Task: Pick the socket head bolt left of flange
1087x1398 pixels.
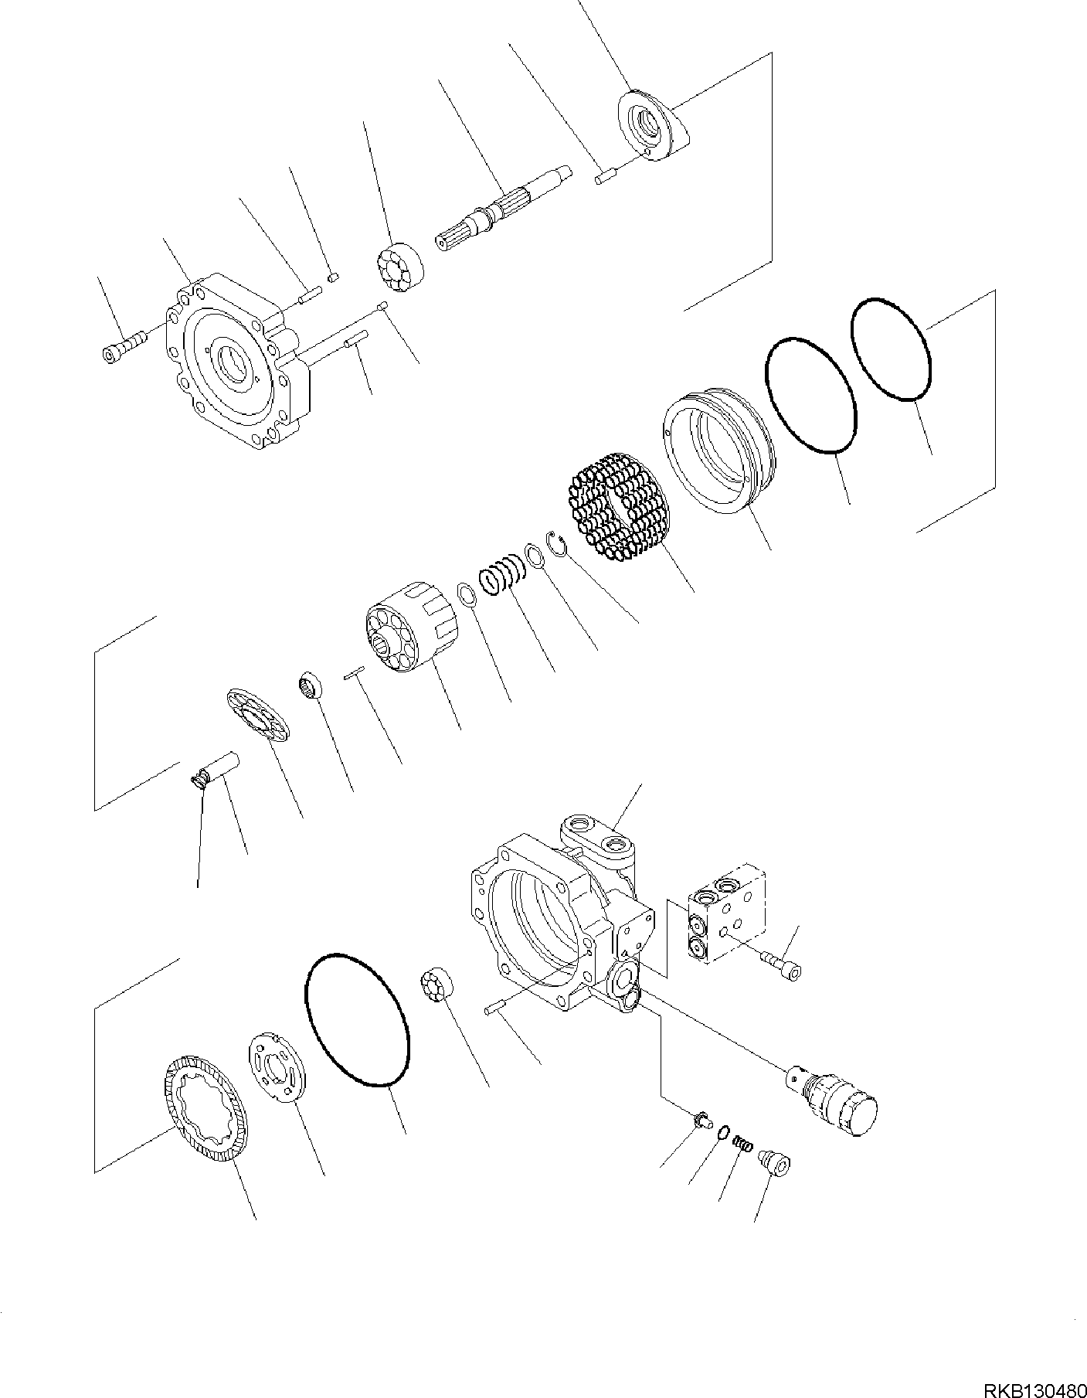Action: click(122, 345)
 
